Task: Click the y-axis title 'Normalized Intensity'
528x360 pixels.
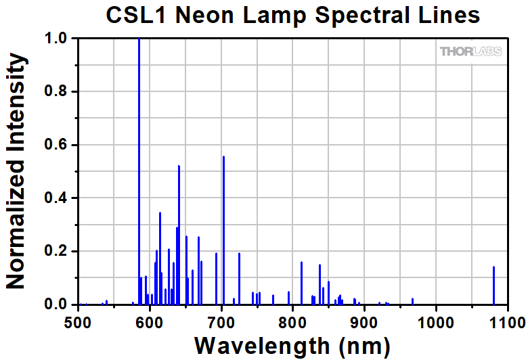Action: coord(16,172)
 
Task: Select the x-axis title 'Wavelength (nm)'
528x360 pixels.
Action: coord(292,344)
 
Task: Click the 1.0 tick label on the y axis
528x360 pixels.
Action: coord(57,39)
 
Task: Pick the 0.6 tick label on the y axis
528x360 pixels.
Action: coord(57,145)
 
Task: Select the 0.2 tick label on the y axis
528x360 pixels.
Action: coord(57,252)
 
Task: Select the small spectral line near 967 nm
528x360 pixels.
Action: coord(412,301)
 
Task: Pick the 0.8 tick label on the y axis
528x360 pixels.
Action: coord(57,92)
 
